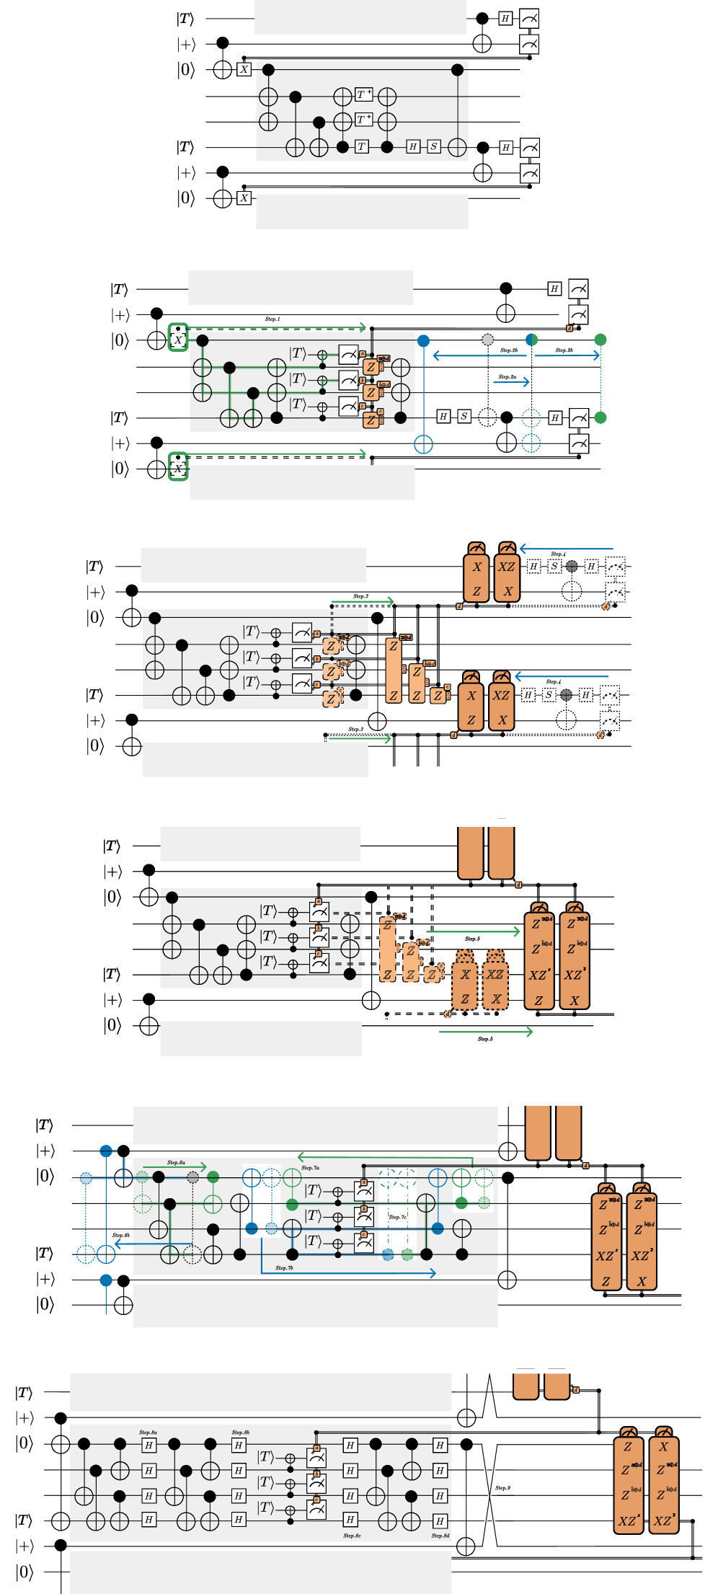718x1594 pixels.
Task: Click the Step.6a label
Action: pyautogui.click(x=176, y=1162)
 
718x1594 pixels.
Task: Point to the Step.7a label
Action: pyautogui.click(x=310, y=1168)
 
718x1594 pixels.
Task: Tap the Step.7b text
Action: pyautogui.click(x=284, y=1267)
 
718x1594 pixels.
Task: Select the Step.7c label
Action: pyautogui.click(x=398, y=1217)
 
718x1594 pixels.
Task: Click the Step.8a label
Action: pyautogui.click(x=149, y=1433)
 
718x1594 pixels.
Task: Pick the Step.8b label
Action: pyautogui.click(x=241, y=1433)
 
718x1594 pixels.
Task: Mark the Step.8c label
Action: pyautogui.click(x=352, y=1536)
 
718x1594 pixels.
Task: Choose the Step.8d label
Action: pyautogui.click(x=440, y=1536)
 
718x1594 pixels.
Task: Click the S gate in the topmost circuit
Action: pyautogui.click(x=433, y=146)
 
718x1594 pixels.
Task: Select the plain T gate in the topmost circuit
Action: pyautogui.click(x=362, y=146)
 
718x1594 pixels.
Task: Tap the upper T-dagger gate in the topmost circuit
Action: pyautogui.click(x=363, y=94)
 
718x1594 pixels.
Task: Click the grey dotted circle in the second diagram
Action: pyautogui.click(x=488, y=340)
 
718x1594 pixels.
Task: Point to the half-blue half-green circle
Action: pyautogui.click(x=531, y=340)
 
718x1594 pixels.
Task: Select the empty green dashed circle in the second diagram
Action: pyautogui.click(x=531, y=417)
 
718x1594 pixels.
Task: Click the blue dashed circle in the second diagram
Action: pyautogui.click(x=531, y=443)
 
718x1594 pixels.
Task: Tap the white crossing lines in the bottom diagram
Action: pyautogui.click(x=489, y=1495)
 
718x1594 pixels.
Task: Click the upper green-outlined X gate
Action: pyautogui.click(x=178, y=339)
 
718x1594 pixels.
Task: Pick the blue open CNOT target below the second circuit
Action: pyautogui.click(x=423, y=443)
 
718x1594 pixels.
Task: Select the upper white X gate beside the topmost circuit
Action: pyautogui.click(x=244, y=69)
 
